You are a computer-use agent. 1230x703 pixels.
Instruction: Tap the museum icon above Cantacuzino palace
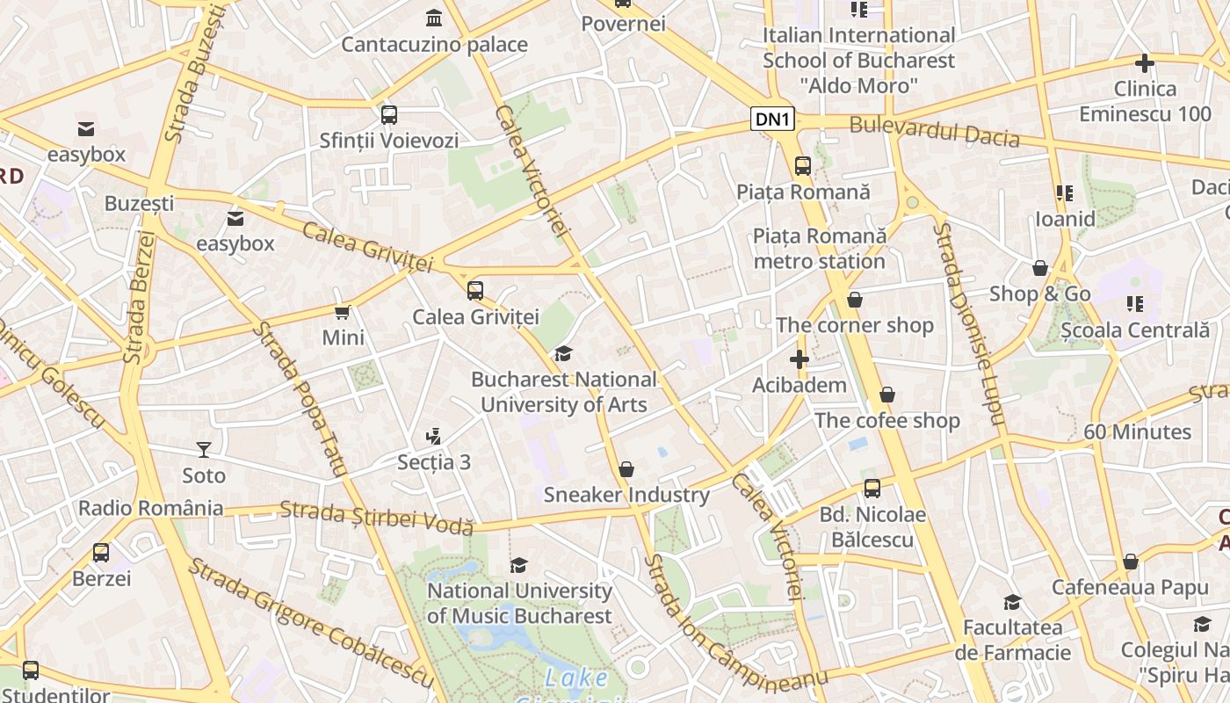(433, 18)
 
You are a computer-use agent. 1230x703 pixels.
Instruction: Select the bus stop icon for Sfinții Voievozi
(388, 115)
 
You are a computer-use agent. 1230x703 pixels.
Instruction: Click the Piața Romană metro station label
(819, 249)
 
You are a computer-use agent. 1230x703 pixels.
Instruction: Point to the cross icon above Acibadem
(799, 359)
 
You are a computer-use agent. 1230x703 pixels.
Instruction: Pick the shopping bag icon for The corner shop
(854, 301)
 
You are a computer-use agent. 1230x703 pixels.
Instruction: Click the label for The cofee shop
(886, 420)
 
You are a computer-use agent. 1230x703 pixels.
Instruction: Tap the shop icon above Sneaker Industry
(626, 470)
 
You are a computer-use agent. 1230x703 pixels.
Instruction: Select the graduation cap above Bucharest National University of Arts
(563, 354)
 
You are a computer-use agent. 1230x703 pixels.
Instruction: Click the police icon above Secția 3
(433, 436)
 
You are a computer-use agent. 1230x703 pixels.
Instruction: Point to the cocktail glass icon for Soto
(204, 450)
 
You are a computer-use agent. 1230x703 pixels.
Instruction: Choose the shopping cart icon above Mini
(343, 312)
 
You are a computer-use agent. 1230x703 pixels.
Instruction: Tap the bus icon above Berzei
(101, 553)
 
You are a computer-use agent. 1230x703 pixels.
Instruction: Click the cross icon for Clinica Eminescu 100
(1144, 63)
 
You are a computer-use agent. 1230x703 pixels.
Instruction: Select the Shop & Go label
(1039, 294)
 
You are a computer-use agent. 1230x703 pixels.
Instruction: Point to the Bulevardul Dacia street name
(934, 132)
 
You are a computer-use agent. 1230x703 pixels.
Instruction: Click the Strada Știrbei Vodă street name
(376, 518)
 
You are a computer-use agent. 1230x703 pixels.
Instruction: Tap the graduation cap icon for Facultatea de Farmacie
(1012, 603)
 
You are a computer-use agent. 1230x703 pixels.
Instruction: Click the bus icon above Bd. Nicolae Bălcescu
(872, 489)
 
